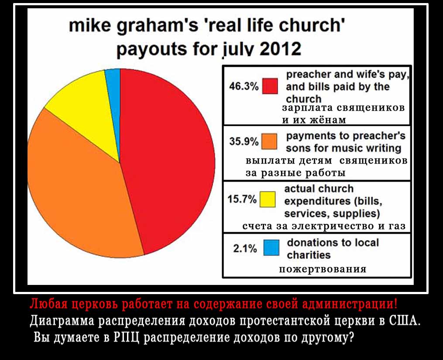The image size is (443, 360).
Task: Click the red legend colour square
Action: (x=270, y=86)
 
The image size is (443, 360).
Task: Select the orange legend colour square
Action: (x=269, y=141)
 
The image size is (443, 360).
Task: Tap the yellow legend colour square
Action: (x=268, y=199)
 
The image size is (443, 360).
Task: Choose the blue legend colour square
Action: (x=271, y=247)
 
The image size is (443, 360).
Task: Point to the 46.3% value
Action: (x=244, y=86)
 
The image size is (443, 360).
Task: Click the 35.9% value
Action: (x=244, y=141)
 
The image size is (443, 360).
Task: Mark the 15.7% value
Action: (x=242, y=199)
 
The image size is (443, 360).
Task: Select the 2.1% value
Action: (x=245, y=248)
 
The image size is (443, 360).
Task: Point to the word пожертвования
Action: (x=323, y=269)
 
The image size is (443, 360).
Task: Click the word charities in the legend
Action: (x=309, y=255)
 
